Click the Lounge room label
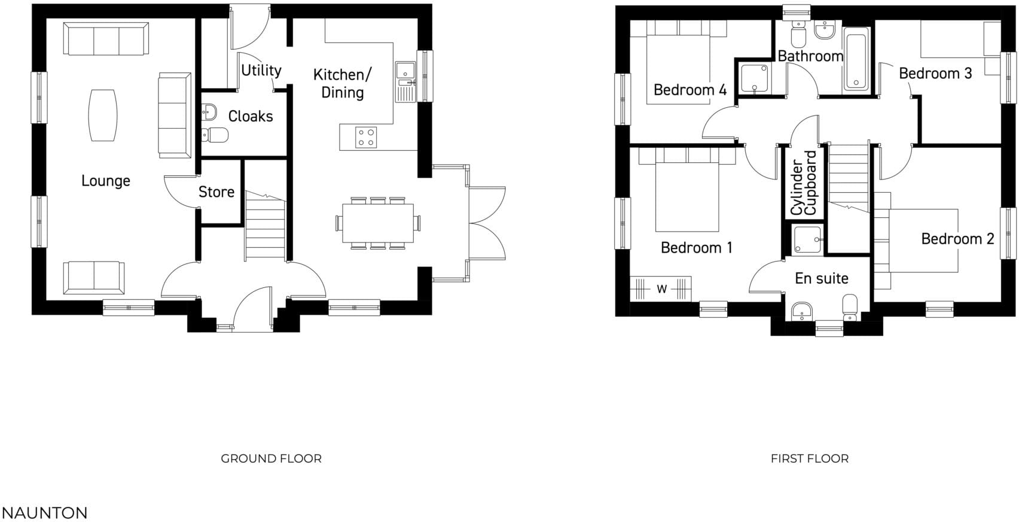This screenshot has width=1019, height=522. tap(105, 181)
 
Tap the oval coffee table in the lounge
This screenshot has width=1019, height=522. tap(103, 116)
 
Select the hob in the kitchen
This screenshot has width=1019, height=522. tap(365, 137)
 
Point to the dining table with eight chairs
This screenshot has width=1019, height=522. tap(377, 223)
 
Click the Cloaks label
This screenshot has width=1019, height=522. tap(250, 116)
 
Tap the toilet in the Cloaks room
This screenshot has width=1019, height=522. tap(215, 135)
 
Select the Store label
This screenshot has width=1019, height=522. tap(216, 192)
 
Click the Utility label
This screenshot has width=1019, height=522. tap(261, 71)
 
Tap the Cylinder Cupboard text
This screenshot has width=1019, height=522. tap(803, 183)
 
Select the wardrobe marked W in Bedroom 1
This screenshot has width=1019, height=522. tap(661, 289)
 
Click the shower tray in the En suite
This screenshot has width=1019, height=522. tap(807, 240)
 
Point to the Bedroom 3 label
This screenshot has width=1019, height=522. tap(935, 74)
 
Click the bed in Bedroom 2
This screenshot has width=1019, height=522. tap(924, 239)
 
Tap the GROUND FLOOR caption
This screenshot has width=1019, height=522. tap(271, 459)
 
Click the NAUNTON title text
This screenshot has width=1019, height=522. tap(45, 513)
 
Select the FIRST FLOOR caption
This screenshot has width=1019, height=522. tap(809, 459)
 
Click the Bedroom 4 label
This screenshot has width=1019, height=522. tap(689, 90)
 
